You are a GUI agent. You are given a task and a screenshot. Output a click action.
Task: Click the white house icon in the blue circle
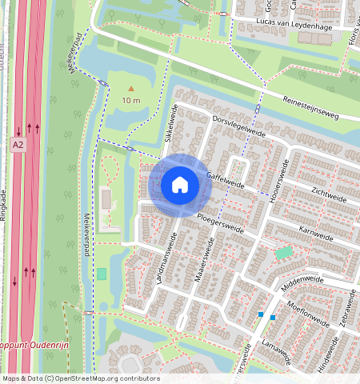point(180,185)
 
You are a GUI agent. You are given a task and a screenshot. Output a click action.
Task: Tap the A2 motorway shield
point(18,145)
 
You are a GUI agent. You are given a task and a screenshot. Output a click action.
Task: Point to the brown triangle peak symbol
point(131,89)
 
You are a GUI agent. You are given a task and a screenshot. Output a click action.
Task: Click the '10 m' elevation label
point(131,101)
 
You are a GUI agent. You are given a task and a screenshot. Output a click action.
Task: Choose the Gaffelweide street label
point(225,178)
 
